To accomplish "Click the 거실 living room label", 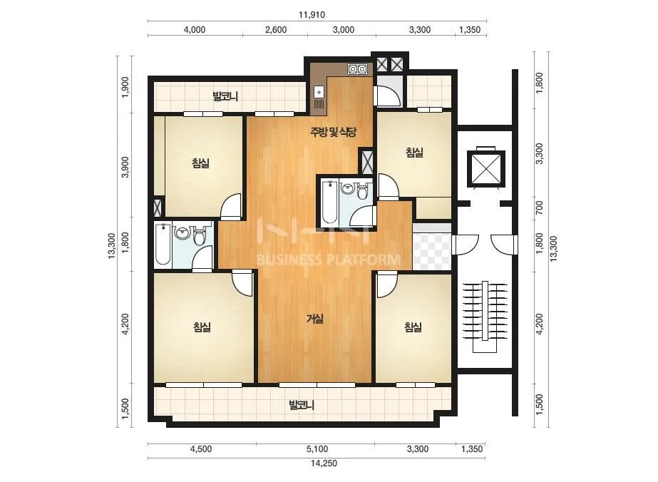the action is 315,319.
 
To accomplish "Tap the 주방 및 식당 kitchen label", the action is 333,132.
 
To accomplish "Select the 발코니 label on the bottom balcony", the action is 302,406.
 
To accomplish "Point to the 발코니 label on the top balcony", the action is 225,96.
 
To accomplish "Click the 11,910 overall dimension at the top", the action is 312,15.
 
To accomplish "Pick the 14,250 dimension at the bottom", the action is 324,463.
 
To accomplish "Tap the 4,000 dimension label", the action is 195,30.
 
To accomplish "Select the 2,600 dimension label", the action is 276,30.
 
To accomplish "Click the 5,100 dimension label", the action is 317,449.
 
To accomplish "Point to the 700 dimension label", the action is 540,207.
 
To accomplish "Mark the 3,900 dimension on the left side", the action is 125,167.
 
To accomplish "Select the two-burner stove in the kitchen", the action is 358,69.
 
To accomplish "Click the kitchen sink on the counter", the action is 319,92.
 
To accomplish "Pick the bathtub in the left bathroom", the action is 163,245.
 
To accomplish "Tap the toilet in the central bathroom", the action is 363,191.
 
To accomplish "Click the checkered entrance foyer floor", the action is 432,252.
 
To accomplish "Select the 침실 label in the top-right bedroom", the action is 414,153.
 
